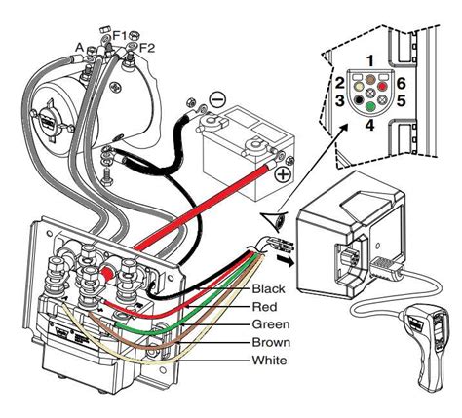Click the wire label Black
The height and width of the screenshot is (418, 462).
[268, 288]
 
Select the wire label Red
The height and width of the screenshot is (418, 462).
[265, 306]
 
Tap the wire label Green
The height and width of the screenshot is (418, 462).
[271, 324]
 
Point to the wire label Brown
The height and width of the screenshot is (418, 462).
[271, 342]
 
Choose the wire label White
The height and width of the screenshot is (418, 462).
[269, 360]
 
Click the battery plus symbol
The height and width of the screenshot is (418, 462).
[283, 174]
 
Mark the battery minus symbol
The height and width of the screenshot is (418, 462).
[216, 98]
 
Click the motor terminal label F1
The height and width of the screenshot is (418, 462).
[120, 35]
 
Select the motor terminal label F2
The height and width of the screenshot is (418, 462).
[147, 49]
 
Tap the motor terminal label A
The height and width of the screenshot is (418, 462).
[80, 48]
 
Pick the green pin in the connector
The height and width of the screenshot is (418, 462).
[370, 106]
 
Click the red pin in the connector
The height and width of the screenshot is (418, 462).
[382, 87]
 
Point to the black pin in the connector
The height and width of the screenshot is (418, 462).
[359, 99]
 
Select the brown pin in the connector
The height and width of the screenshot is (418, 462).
[370, 79]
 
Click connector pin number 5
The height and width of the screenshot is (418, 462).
[401, 100]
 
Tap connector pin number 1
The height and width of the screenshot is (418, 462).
[370, 60]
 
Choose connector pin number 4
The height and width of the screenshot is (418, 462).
[370, 125]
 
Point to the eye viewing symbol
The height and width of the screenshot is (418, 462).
[275, 221]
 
